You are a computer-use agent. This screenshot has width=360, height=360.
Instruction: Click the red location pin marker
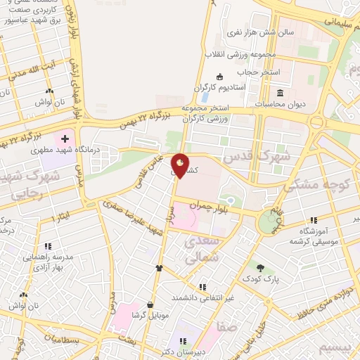pos(181,167)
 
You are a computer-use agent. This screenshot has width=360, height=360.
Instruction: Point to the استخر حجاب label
pos(258,72)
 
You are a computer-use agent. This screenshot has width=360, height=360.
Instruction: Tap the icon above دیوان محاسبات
pos(280,94)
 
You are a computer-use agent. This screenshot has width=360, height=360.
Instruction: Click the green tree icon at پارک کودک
pos(262,267)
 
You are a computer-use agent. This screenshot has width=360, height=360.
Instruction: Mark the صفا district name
pos(227,326)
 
